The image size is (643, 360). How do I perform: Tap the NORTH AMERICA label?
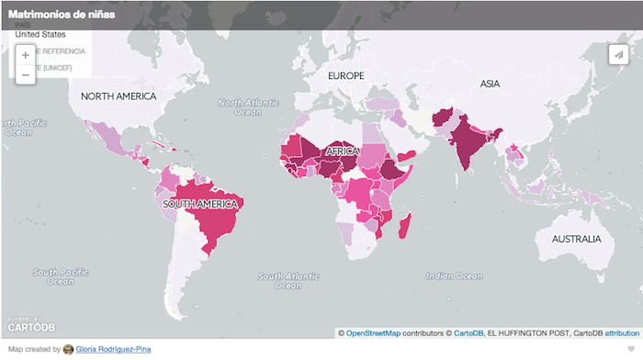tap(118, 96)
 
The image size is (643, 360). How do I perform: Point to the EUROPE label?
tap(346, 75)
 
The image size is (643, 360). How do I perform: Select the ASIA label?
tap(490, 84)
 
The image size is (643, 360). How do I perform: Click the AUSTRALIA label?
tap(576, 239)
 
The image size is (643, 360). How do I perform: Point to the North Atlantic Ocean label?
tap(247, 107)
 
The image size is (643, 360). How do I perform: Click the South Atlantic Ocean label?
tap(284, 281)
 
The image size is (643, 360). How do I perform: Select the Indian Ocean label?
tap(453, 276)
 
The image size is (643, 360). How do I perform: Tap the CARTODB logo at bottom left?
tap(31, 325)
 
